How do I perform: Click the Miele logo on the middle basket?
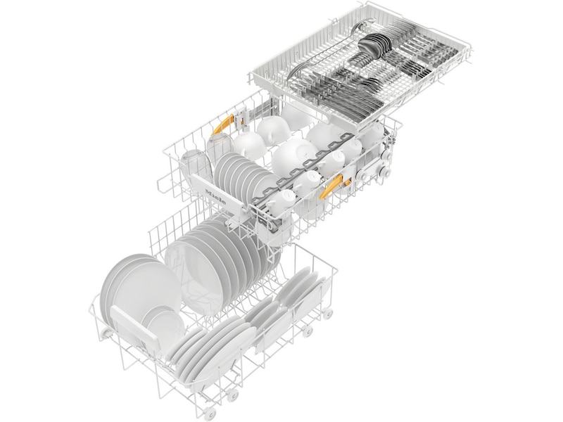click(x=215, y=196)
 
